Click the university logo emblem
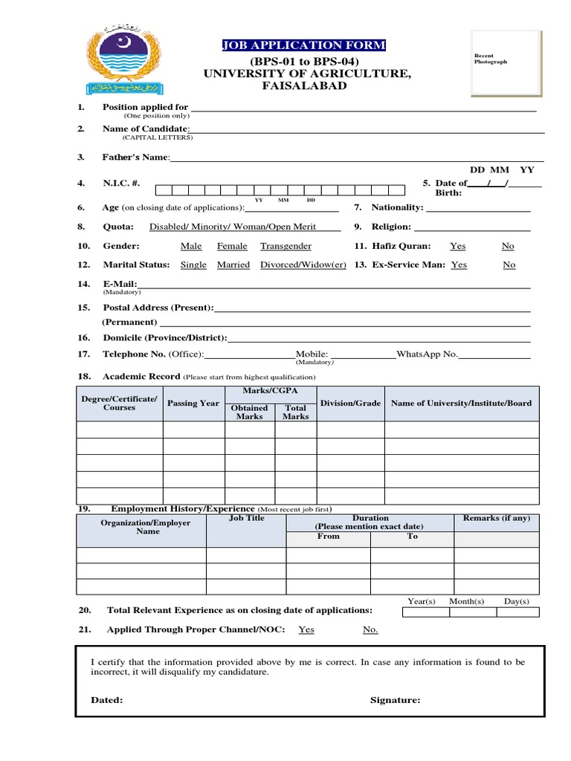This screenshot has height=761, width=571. [122, 63]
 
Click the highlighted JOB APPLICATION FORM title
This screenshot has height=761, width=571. [305, 46]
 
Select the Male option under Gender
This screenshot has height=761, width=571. [191, 246]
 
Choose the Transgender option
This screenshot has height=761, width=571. [285, 246]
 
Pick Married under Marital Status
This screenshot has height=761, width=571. [233, 265]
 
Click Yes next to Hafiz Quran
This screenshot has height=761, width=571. [458, 246]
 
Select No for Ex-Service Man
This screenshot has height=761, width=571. [509, 265]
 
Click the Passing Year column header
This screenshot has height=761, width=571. [193, 404]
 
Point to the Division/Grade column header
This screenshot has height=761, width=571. [350, 404]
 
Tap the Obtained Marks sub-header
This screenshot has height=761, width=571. [250, 412]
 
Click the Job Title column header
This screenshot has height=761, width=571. [246, 519]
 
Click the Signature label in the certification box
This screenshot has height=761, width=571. [395, 700]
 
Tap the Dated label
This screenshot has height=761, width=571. [107, 700]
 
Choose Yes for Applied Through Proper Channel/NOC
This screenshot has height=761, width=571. [306, 629]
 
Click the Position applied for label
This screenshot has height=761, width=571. [145, 107]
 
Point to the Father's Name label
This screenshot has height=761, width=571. [136, 158]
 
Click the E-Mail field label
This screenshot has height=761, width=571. [120, 284]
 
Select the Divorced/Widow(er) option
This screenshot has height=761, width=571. [303, 265]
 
